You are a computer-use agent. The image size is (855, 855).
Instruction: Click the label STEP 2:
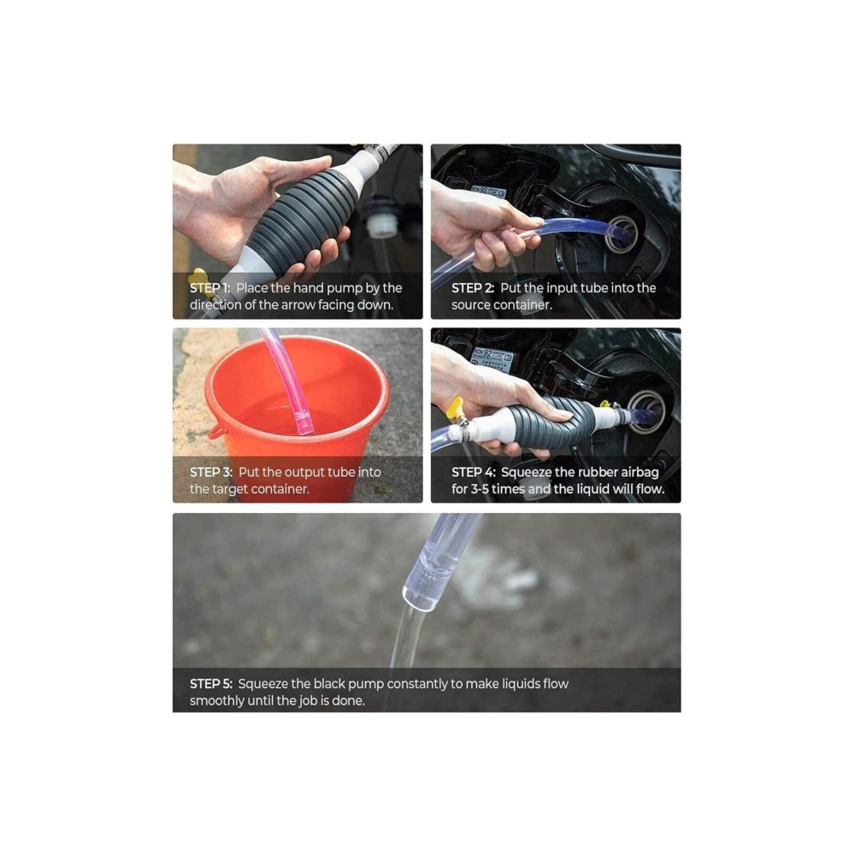pyautogui.click(x=473, y=288)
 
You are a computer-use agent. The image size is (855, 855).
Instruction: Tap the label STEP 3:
pyautogui.click(x=211, y=472)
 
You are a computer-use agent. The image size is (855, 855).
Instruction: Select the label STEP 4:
pyautogui.click(x=474, y=472)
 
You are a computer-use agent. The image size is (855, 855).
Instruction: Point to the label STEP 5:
pyautogui.click(x=211, y=684)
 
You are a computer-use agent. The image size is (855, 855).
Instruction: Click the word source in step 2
pyautogui.click(x=470, y=305)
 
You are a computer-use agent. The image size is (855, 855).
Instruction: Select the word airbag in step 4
pyautogui.click(x=640, y=472)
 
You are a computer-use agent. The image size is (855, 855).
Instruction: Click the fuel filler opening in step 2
pyautogui.click(x=622, y=233)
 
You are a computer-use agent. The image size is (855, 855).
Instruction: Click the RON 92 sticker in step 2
pyautogui.click(x=488, y=192)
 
